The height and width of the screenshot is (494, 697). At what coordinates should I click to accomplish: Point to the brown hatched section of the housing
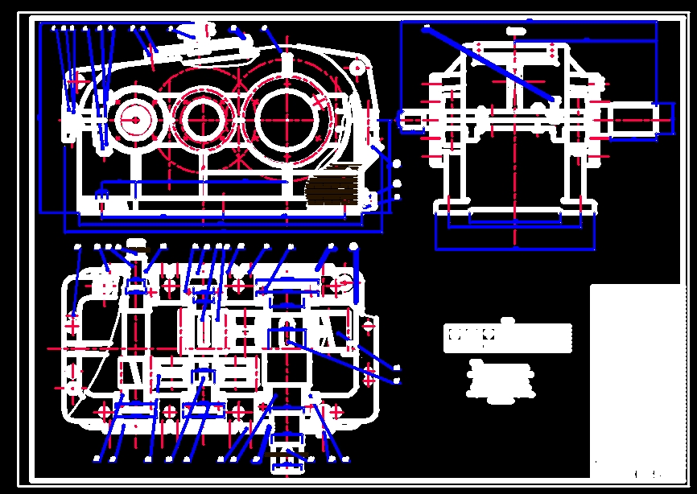(x=332, y=190)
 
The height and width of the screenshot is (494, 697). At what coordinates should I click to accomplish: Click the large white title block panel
(x=636, y=378)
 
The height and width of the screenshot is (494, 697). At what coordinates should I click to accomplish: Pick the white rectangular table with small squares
(x=508, y=339)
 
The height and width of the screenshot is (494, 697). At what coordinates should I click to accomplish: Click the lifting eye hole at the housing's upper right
(x=356, y=69)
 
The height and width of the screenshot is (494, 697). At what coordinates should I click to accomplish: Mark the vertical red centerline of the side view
(x=514, y=161)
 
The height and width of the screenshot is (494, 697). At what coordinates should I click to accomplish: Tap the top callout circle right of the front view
(x=396, y=164)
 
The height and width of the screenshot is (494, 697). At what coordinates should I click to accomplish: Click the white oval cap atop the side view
(x=516, y=30)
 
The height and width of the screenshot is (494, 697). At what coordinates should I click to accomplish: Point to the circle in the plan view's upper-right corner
(x=344, y=283)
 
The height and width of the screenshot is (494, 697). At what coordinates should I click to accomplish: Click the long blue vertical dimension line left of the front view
(x=42, y=121)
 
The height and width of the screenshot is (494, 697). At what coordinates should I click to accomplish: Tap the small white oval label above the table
(x=508, y=320)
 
